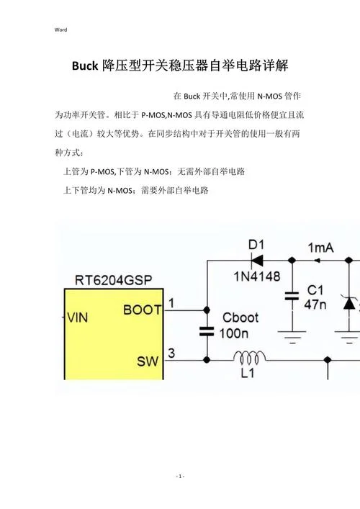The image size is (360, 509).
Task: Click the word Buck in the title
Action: point(85,66)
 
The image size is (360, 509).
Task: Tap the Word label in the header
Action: point(60,30)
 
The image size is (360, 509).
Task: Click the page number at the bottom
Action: point(180,476)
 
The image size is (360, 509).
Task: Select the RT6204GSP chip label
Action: point(113,280)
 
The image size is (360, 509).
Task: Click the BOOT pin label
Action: point(142,310)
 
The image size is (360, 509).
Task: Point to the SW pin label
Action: point(148,361)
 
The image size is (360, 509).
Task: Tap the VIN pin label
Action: point(78,317)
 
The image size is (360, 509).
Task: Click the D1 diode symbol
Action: point(257,260)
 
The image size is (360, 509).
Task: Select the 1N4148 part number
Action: point(257,276)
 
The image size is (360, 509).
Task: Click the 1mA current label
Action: point(320,248)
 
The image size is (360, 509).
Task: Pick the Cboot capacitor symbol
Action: point(207,331)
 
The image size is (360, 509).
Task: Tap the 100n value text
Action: point(234,333)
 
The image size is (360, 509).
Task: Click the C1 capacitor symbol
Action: point(292,296)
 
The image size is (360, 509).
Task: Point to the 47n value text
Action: point(315,305)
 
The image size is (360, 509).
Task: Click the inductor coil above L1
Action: point(249,357)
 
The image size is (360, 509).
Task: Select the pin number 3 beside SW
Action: point(171,353)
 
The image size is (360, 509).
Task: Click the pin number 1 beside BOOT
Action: point(171,303)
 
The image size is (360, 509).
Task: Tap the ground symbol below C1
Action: point(292,337)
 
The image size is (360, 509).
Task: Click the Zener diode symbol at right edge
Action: point(349,303)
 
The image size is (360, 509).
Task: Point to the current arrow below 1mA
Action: point(317,261)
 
